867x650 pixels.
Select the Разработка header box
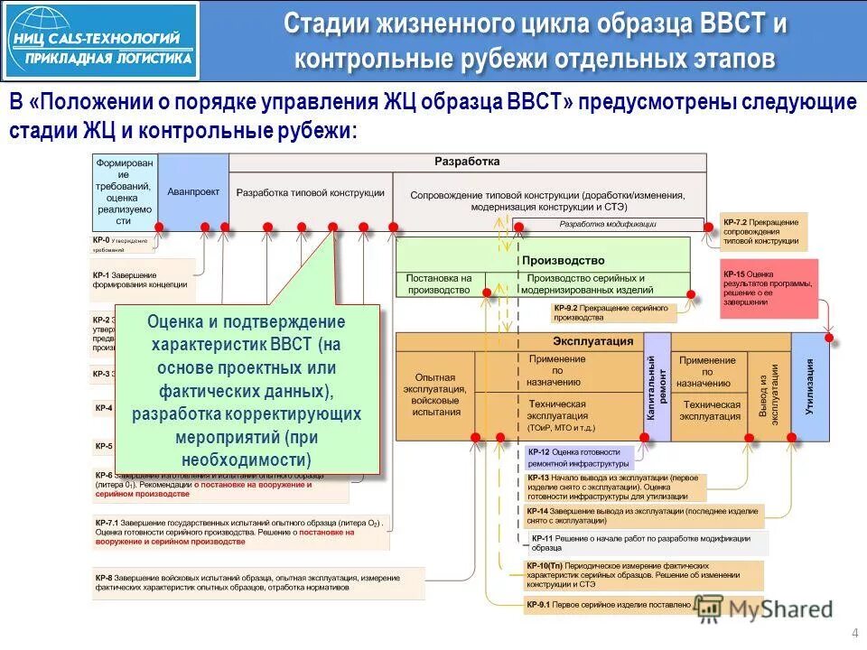467,162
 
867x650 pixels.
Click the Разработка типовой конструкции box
310,193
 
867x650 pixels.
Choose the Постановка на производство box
439,283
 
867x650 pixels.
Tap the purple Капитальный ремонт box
657,386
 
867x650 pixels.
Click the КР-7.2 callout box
764,231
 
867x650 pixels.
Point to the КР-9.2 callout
614,312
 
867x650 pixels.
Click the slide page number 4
853,631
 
